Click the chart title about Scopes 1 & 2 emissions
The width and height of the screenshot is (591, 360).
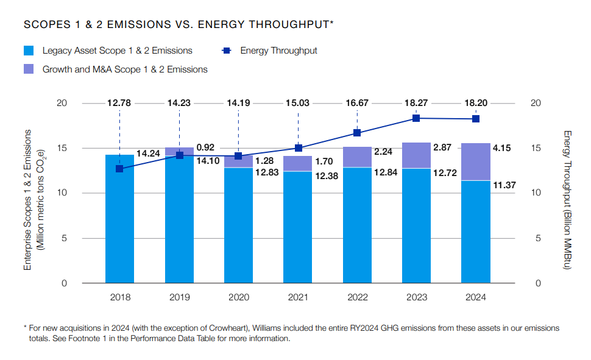(x=178, y=24)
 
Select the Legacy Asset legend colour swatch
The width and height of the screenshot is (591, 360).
(x=29, y=51)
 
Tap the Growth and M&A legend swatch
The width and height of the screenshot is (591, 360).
(x=29, y=69)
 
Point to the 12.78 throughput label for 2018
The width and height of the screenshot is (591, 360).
(x=119, y=103)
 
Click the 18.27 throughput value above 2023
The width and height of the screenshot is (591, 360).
(x=416, y=103)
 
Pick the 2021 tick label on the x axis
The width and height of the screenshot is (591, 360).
(x=298, y=298)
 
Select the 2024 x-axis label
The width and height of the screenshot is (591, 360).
(x=476, y=298)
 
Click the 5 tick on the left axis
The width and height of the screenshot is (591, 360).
(x=63, y=238)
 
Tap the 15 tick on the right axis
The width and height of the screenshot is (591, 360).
(x=536, y=148)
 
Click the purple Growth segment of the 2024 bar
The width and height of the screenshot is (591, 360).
(x=476, y=161)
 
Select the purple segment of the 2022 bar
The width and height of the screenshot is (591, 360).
(x=357, y=157)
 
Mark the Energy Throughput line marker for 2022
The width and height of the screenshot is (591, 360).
(x=357, y=133)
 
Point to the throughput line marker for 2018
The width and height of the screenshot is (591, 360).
(x=119, y=169)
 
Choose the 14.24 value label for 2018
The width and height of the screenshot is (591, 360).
(x=148, y=154)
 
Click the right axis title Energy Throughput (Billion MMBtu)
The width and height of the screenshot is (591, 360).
(x=567, y=200)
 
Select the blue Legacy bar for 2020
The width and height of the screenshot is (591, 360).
(x=238, y=225)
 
